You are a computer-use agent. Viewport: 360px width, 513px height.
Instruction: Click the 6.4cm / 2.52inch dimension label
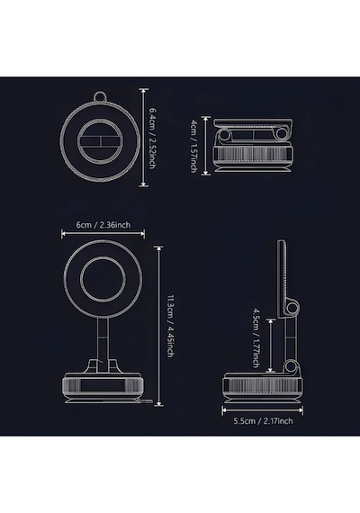[x=152, y=138]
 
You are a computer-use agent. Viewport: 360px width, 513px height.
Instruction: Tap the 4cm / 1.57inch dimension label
[x=194, y=146]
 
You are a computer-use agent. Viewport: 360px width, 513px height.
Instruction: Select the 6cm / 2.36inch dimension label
[x=103, y=225]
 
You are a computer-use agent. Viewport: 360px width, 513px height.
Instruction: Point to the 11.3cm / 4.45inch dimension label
[x=170, y=326]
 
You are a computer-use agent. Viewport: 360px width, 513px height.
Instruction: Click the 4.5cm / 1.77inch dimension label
[x=256, y=337]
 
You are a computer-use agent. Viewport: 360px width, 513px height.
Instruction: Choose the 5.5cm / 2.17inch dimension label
[x=263, y=420]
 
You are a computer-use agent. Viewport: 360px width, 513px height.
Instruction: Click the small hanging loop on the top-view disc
[x=101, y=97]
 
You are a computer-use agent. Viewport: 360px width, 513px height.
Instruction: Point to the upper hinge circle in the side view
[x=292, y=307]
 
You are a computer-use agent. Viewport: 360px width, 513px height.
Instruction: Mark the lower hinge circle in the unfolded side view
[x=290, y=365]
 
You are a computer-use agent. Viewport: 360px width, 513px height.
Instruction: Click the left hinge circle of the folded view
[x=225, y=134]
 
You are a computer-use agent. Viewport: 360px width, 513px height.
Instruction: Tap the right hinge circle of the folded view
[x=281, y=134]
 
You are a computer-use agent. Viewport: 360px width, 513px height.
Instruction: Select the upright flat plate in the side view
[x=282, y=279]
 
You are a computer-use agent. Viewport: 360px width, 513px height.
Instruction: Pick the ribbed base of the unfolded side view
[x=263, y=385]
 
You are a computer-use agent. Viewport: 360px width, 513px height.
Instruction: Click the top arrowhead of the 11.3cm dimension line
[x=159, y=248]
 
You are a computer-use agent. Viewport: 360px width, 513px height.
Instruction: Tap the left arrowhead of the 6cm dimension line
[x=64, y=233]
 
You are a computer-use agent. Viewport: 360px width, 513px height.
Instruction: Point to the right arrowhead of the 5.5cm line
[x=300, y=409]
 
